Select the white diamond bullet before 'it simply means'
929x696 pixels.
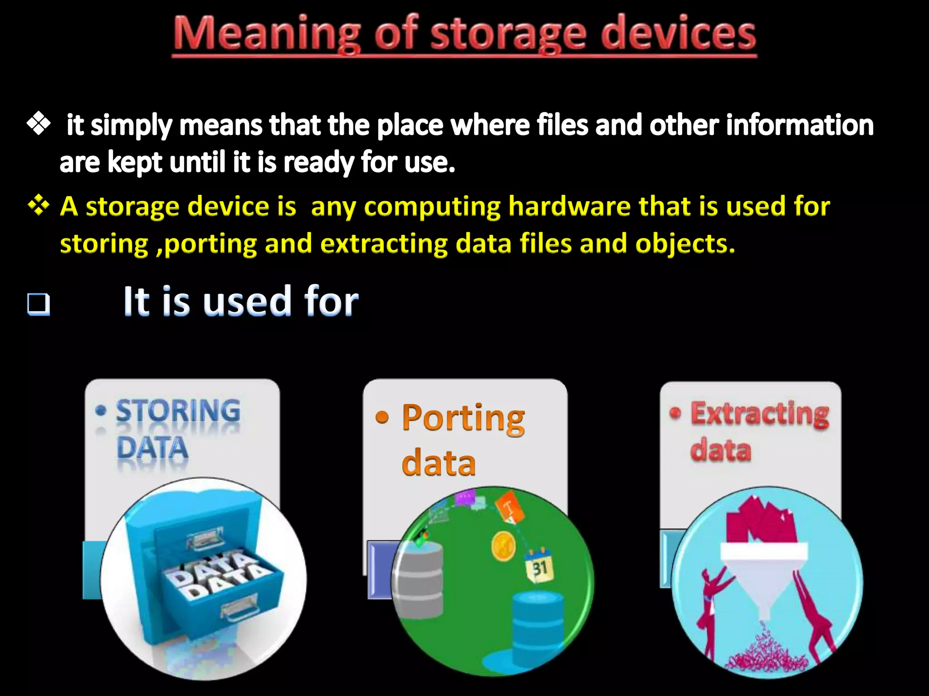pyautogui.click(x=39, y=124)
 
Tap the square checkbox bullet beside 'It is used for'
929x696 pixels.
pyautogui.click(x=39, y=304)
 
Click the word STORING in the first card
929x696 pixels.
pyautogui.click(x=178, y=411)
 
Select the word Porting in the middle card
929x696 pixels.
pyautogui.click(x=463, y=418)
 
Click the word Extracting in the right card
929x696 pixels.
pyautogui.click(x=760, y=414)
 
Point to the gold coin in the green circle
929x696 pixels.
pyautogui.click(x=504, y=546)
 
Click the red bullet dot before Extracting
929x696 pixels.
pyautogui.click(x=675, y=413)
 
